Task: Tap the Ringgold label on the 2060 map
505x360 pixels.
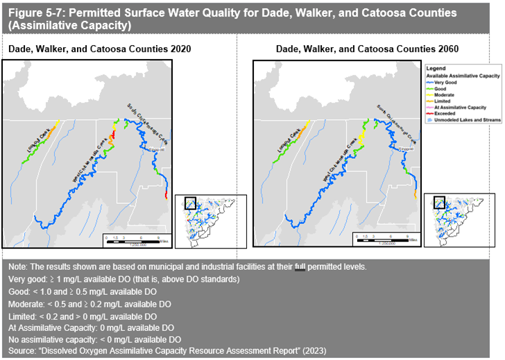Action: tap(407, 148)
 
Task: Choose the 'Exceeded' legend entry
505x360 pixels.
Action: tap(444, 113)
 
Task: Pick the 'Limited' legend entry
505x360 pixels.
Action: tap(443, 101)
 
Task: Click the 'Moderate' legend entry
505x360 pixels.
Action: tap(445, 95)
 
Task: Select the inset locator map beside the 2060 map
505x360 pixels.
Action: tap(460, 220)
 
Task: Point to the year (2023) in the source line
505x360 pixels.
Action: tap(314, 351)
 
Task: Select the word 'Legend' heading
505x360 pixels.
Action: tap(435, 69)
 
